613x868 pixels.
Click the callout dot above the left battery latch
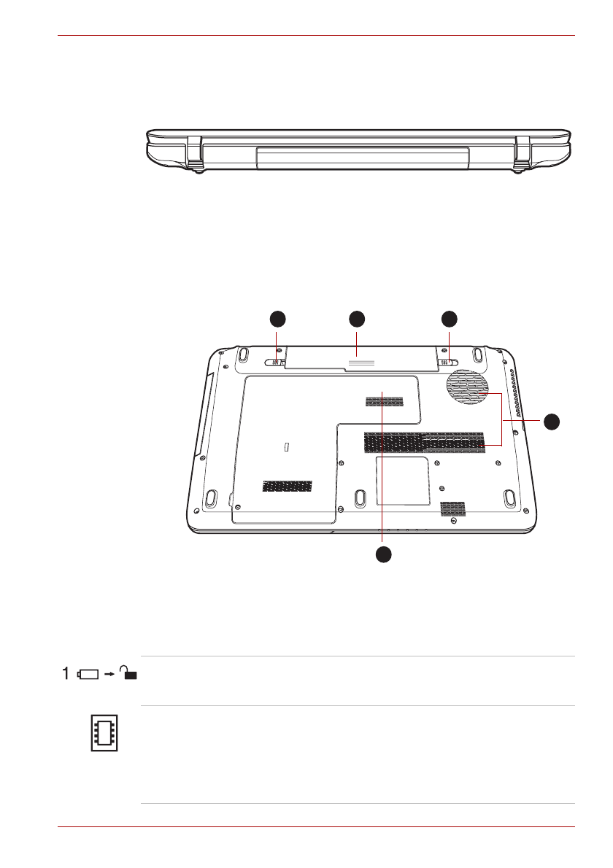click(x=277, y=319)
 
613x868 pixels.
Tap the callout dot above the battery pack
click(x=357, y=319)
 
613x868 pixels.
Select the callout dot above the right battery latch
click(x=449, y=319)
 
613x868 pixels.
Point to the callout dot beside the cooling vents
click(x=551, y=422)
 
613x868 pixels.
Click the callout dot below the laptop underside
click(x=383, y=554)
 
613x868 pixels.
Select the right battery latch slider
click(x=447, y=363)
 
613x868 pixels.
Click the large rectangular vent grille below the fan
click(x=424, y=441)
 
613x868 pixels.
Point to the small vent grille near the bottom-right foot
click(x=453, y=508)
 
